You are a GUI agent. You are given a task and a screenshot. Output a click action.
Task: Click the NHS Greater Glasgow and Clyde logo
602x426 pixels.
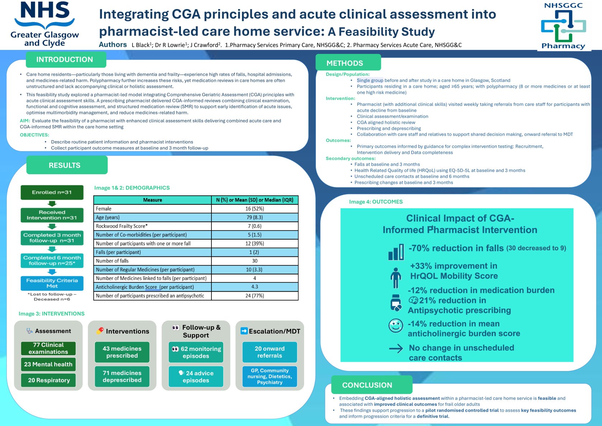[45, 24]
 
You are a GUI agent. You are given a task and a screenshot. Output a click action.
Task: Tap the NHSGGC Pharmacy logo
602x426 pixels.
[563, 26]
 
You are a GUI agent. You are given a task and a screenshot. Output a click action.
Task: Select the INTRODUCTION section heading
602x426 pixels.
[65, 60]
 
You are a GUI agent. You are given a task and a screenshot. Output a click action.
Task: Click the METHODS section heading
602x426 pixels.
[345, 63]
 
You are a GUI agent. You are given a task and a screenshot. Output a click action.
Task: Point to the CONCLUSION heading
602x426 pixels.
[367, 385]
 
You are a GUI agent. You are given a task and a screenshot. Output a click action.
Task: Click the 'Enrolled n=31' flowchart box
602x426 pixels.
[52, 193]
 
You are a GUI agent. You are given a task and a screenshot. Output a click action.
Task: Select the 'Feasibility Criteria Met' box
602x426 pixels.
[52, 283]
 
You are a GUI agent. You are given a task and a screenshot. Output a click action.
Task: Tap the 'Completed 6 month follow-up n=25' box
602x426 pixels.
[52, 260]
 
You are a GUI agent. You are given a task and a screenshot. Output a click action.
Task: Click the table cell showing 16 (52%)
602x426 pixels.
[255, 209]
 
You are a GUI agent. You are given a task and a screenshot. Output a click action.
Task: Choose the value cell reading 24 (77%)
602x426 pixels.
[255, 296]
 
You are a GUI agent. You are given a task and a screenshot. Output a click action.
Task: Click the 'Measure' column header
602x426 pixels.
[152, 200]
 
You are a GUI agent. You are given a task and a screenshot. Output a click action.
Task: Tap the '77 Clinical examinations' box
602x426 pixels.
[48, 348]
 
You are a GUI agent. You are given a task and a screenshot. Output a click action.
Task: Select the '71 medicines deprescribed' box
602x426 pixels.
[122, 376]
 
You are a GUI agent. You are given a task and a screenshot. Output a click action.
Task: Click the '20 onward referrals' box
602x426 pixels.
[270, 352]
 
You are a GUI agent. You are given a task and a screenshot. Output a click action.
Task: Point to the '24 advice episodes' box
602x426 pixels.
[196, 376]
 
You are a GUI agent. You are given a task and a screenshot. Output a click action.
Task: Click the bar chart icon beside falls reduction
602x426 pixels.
[396, 253]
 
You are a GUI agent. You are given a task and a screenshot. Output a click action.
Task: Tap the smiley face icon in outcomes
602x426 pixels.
[396, 326]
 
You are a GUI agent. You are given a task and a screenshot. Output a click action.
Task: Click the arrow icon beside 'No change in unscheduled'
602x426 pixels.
[396, 348]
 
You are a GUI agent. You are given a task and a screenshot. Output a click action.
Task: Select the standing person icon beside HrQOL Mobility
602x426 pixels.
[396, 277]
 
